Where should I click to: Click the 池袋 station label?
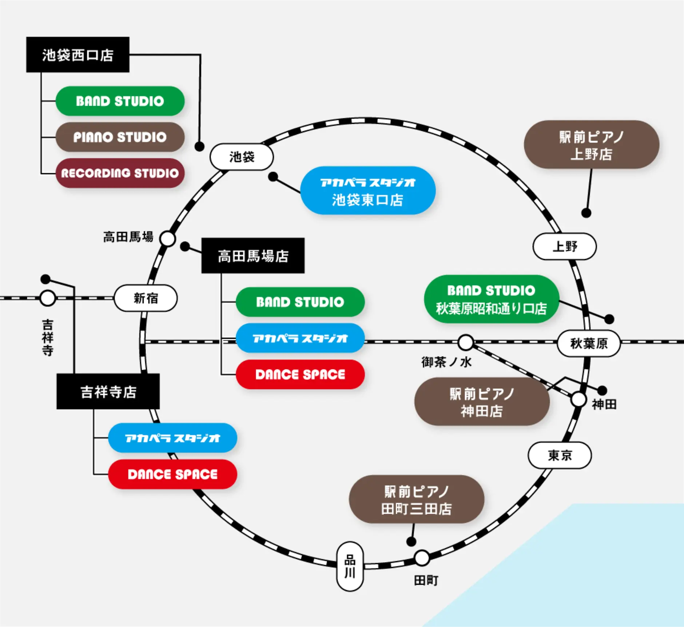[242, 157]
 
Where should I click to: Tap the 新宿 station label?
[146, 298]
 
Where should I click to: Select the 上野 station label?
[565, 247]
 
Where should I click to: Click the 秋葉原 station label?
[589, 343]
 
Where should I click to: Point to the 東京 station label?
[560, 455]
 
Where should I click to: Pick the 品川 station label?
[350, 566]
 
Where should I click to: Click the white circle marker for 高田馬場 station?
[168, 239]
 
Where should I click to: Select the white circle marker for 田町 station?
[422, 558]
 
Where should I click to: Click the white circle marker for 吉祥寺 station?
[48, 298]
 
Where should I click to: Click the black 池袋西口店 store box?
[78, 55]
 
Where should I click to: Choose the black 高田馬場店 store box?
[253, 256]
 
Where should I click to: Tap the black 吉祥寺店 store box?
[108, 392]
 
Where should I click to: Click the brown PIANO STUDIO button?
[120, 137]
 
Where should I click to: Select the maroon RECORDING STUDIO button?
[120, 173]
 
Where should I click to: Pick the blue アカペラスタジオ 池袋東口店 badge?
[368, 191]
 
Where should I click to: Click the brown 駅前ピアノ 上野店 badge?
[591, 145]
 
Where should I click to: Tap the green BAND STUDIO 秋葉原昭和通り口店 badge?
[491, 299]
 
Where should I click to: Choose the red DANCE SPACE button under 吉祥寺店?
[172, 474]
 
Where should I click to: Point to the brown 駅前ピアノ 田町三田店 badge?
[417, 499]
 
